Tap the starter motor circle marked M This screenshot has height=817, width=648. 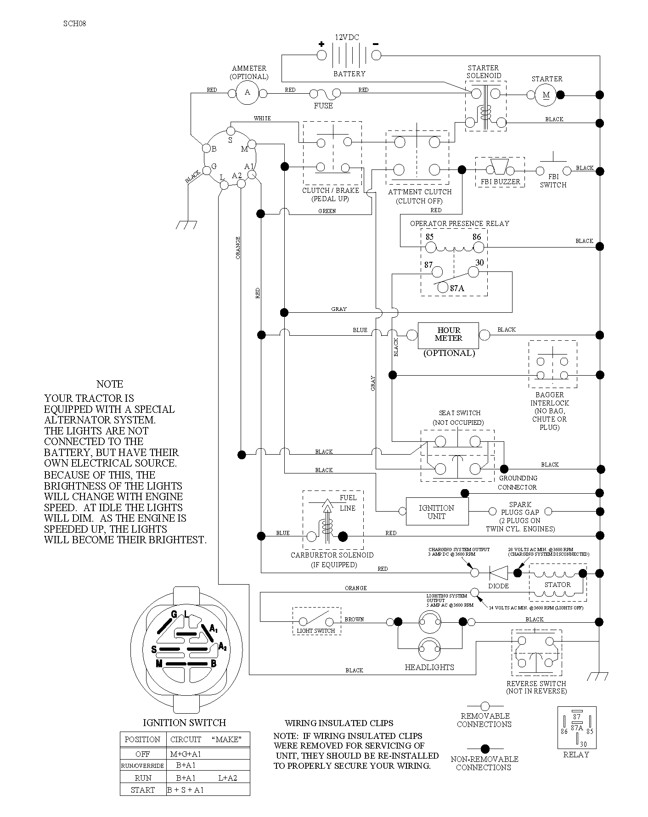point(546,95)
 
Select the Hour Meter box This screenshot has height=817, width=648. point(448,335)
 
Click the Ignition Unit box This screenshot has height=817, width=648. point(437,512)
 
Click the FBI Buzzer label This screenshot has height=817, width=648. point(500,181)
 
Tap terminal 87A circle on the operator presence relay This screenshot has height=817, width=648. point(442,287)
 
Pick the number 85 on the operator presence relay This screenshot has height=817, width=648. point(429,237)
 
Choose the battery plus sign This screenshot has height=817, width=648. point(321,45)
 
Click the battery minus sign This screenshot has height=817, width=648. point(376,44)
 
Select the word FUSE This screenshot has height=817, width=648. point(323,106)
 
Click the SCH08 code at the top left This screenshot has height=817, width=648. point(74,24)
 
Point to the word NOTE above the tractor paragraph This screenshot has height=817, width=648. point(110,384)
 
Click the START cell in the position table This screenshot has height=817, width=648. point(143,790)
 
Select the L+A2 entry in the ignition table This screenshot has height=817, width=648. point(228,778)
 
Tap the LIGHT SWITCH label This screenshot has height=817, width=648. point(316,631)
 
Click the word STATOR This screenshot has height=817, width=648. point(558,585)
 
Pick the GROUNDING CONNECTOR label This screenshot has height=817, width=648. point(518,483)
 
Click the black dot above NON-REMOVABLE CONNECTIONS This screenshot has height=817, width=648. point(485,749)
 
